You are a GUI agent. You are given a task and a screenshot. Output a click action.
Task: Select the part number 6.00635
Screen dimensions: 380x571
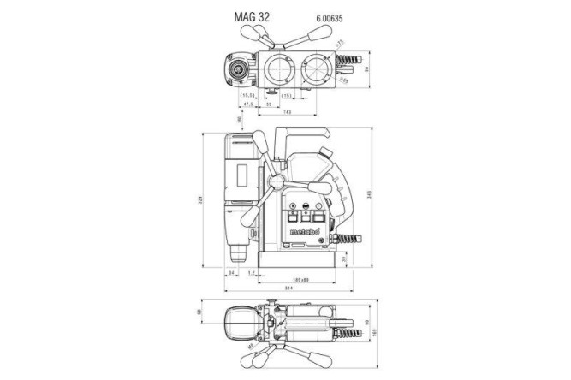click(318, 16)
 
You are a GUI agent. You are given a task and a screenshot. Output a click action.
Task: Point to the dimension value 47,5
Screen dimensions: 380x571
click(249, 104)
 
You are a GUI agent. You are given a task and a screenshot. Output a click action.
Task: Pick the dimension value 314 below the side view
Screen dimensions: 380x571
click(292, 288)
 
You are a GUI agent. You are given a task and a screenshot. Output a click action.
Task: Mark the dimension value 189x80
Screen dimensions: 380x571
click(299, 278)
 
